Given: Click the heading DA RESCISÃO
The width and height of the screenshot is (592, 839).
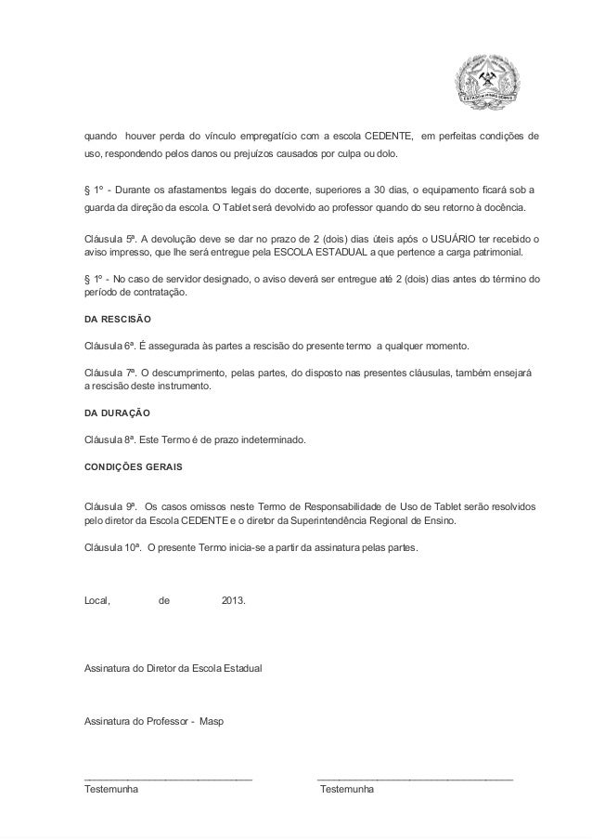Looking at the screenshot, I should (112, 319).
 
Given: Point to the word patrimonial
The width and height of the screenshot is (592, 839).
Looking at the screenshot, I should (495, 252).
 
